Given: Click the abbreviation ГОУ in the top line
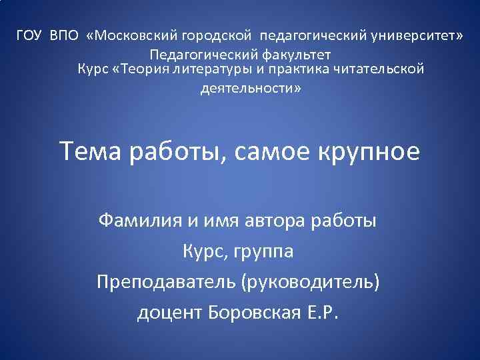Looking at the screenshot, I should (29, 35).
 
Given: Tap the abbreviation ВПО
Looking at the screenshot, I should (64, 35).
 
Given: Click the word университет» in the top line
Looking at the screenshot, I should (409, 35).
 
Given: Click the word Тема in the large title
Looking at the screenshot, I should (91, 152).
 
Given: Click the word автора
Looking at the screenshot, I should (277, 219).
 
